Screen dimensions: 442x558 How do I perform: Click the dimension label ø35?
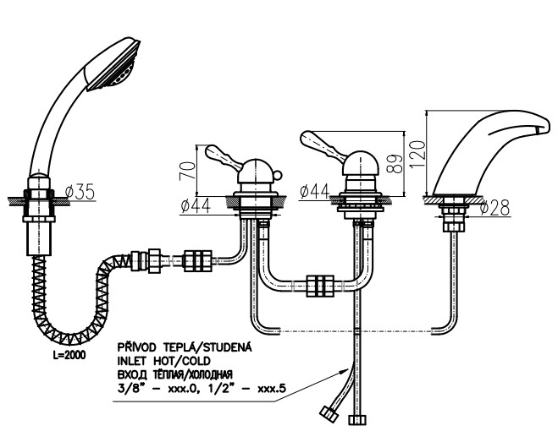pos(78,192)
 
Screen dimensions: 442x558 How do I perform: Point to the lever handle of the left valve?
pos(223,156)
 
